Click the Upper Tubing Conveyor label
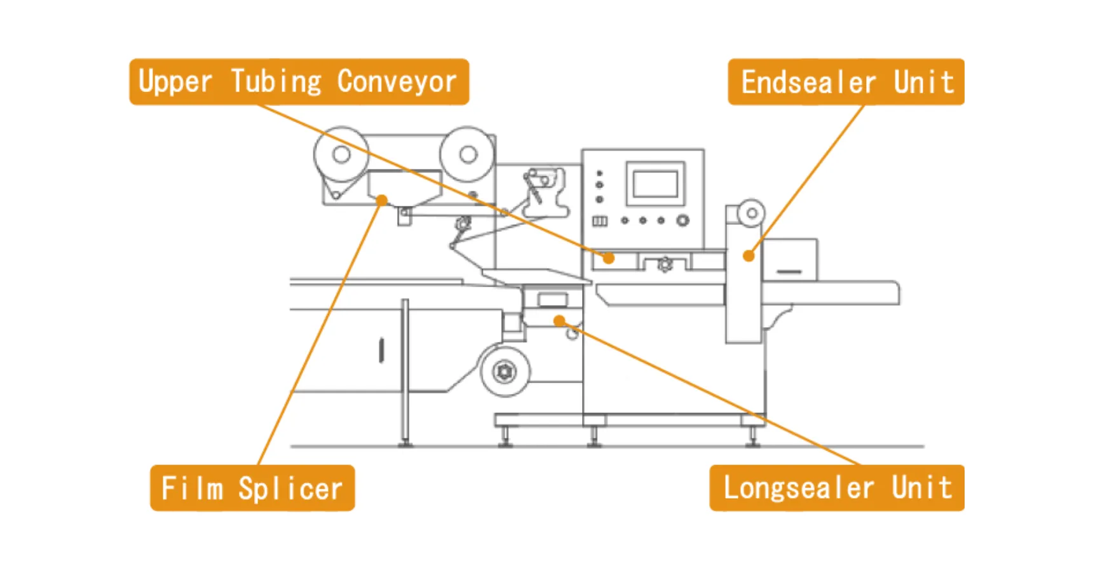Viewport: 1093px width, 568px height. pyautogui.click(x=299, y=82)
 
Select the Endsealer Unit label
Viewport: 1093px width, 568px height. pyautogui.click(x=846, y=82)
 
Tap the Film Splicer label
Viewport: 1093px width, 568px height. pyautogui.click(x=252, y=488)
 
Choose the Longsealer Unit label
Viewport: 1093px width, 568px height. pyautogui.click(x=836, y=488)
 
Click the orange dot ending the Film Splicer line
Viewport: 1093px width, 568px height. pyautogui.click(x=381, y=201)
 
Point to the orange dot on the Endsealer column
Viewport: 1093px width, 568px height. pyautogui.click(x=749, y=256)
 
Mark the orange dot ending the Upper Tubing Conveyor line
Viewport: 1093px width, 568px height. pyautogui.click(x=609, y=258)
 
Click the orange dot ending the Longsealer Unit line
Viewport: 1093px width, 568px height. pyautogui.click(x=559, y=320)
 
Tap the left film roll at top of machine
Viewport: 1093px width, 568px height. pyautogui.click(x=341, y=154)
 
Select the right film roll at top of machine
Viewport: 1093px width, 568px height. pyautogui.click(x=468, y=154)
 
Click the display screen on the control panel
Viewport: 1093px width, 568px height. pyautogui.click(x=656, y=184)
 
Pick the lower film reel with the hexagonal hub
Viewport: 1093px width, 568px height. pyautogui.click(x=505, y=371)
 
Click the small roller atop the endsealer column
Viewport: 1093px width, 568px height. pyautogui.click(x=751, y=213)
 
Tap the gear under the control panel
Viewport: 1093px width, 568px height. pyautogui.click(x=665, y=264)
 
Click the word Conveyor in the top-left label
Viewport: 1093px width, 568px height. pyautogui.click(x=397, y=82)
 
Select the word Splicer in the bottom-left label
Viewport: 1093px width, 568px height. pyautogui.click(x=290, y=489)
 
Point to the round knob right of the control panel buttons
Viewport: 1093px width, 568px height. pyautogui.click(x=682, y=220)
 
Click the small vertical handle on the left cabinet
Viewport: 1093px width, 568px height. pyautogui.click(x=381, y=350)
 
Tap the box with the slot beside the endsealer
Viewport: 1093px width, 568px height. pyautogui.click(x=790, y=260)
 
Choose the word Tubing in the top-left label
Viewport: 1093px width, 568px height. pyautogui.click(x=276, y=82)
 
